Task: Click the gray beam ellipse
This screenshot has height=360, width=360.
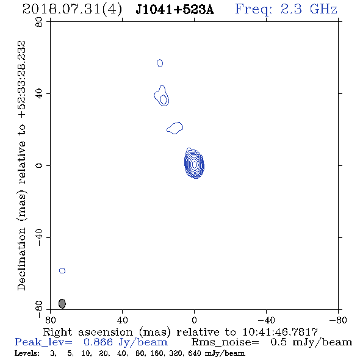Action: click(x=62, y=303)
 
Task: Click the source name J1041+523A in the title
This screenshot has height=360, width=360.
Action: click(x=175, y=10)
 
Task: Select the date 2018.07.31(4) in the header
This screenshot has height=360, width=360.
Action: click(x=72, y=10)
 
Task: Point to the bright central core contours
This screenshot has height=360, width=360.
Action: click(x=194, y=164)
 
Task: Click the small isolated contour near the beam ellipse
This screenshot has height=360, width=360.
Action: click(x=62, y=271)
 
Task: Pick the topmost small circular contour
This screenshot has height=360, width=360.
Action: click(x=160, y=63)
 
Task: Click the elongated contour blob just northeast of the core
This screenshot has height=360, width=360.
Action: click(x=175, y=128)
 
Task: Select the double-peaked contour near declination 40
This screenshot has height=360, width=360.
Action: click(x=162, y=96)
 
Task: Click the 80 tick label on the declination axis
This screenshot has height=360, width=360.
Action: click(x=39, y=22)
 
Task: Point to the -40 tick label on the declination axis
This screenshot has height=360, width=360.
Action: click(x=39, y=237)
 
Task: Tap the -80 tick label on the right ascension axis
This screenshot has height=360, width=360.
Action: click(x=338, y=320)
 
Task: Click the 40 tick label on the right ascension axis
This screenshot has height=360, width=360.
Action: click(x=122, y=320)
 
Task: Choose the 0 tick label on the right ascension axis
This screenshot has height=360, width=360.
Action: click(x=194, y=320)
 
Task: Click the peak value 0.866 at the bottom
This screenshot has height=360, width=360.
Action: click(x=98, y=342)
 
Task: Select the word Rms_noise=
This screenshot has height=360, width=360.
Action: click(x=225, y=342)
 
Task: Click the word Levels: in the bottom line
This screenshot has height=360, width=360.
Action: click(x=27, y=353)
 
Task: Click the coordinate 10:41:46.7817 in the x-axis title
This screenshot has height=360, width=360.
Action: click(x=280, y=332)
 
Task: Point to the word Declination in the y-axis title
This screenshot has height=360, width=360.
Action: click(x=21, y=259)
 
